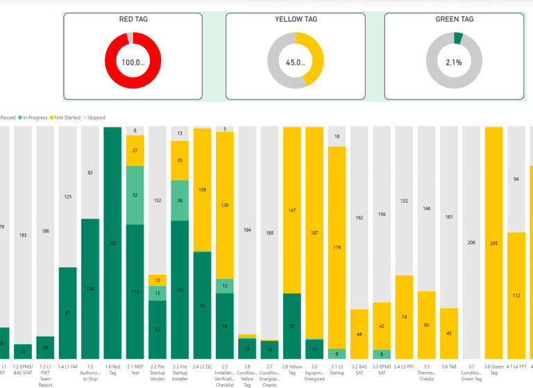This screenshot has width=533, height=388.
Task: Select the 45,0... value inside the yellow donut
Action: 295,62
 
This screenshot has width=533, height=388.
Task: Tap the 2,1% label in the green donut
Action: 454,62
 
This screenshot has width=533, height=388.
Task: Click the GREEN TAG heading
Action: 454,19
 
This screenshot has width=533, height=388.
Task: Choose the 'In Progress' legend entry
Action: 34,118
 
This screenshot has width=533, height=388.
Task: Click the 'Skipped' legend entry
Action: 94,118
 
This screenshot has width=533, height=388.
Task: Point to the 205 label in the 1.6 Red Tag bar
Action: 113,243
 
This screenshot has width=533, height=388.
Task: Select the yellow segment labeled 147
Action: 292,210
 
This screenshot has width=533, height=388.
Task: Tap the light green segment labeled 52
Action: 135,195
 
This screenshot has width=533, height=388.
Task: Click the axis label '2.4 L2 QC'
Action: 202,366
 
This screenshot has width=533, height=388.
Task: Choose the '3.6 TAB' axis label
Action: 449,366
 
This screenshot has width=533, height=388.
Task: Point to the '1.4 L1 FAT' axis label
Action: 68,366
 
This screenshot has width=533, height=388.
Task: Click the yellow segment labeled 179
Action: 337,248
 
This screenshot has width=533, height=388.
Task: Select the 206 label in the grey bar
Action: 471,242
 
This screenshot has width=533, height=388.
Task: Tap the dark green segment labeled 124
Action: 90,288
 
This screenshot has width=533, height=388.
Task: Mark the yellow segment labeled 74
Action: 404,317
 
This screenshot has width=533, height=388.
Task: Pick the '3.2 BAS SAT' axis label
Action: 359,369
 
